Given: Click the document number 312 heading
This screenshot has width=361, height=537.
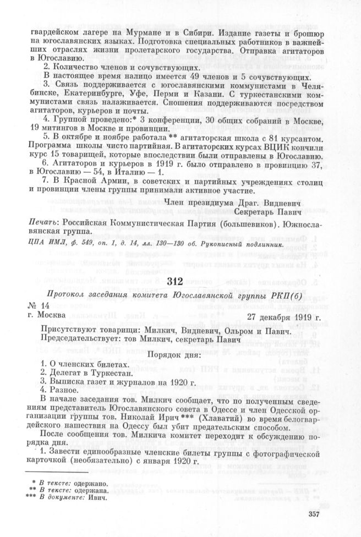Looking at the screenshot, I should coord(181,281).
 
